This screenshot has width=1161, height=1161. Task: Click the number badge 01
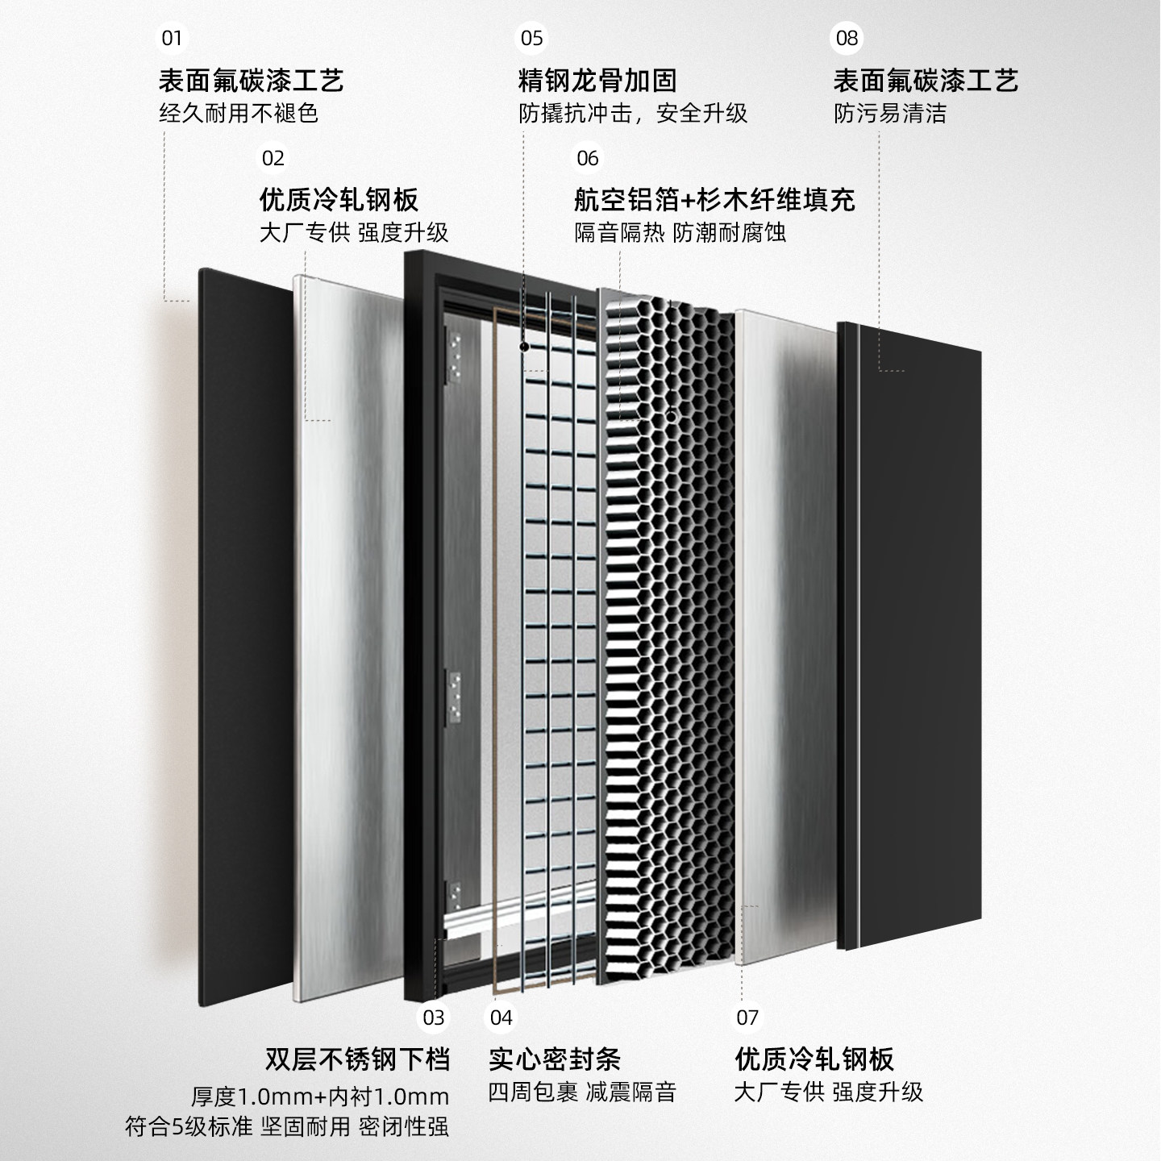click(172, 38)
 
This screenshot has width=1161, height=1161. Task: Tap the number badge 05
click(532, 38)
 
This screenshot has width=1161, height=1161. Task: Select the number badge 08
click(847, 38)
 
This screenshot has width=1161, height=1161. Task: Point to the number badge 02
click(273, 157)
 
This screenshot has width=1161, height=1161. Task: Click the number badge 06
click(588, 157)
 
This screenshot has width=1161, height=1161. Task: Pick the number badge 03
click(434, 1017)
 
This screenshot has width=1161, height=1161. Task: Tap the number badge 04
click(501, 1017)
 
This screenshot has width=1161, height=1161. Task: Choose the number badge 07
click(747, 1017)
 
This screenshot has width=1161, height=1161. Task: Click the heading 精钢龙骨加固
click(597, 81)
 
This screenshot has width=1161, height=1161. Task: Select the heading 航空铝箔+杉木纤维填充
click(714, 200)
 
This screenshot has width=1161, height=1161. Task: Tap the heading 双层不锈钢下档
click(357, 1059)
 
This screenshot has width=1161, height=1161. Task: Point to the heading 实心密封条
click(555, 1059)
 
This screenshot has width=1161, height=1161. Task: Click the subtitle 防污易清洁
click(890, 114)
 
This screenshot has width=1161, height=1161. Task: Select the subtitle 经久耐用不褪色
click(239, 114)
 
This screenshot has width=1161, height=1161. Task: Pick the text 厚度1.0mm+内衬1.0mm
click(320, 1096)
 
